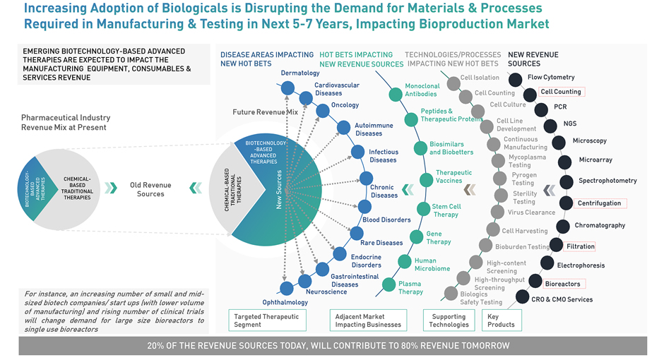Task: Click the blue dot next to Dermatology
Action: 287,88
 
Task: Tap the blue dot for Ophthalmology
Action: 287,288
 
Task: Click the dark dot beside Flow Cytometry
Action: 516,79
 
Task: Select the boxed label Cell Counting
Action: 561,92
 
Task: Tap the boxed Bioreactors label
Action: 563,284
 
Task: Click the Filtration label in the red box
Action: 580,246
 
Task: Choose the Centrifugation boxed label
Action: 599,203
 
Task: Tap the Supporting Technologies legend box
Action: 449,320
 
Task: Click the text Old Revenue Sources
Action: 150,189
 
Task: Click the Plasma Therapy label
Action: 410,287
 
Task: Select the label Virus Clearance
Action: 531,212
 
